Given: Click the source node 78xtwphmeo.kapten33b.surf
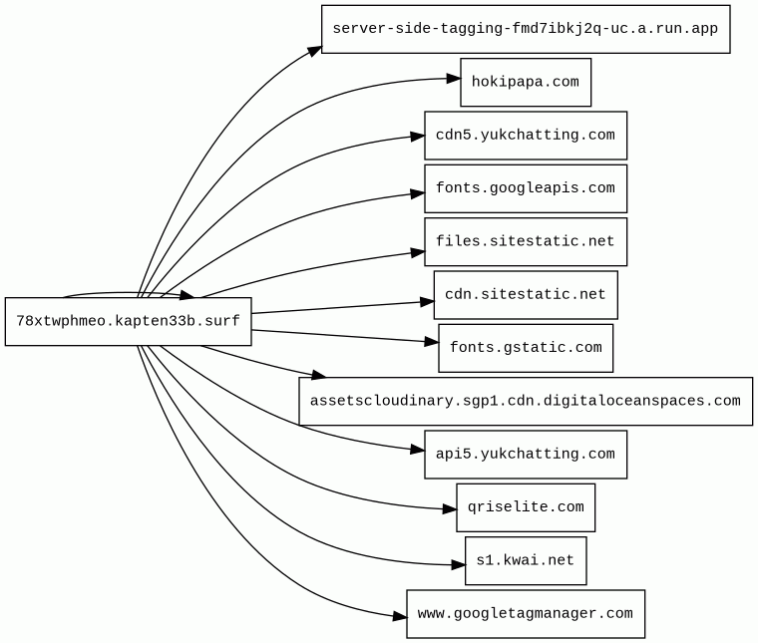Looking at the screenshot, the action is (x=128, y=321).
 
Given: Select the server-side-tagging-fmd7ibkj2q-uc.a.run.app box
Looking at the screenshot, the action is (x=526, y=29).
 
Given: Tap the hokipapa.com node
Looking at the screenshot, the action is (x=526, y=82).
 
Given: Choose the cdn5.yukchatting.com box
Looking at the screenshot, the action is (x=526, y=136).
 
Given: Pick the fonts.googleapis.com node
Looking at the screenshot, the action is (x=526, y=188).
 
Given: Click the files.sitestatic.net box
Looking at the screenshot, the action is (x=526, y=241).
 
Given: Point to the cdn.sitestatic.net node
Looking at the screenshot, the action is (x=526, y=295).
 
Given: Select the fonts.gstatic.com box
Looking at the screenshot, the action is (x=526, y=348).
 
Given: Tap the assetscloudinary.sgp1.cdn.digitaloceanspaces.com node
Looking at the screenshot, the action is (x=526, y=401).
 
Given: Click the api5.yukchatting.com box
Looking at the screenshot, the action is (x=526, y=455).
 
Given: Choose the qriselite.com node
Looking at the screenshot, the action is (x=526, y=507).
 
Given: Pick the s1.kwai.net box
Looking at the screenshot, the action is (x=526, y=560).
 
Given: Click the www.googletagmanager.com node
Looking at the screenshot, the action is (x=526, y=613).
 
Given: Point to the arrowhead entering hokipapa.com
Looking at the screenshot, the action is (x=454, y=79).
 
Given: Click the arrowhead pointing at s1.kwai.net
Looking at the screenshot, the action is (x=458, y=564).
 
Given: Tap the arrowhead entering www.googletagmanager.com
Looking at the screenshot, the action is (x=400, y=616).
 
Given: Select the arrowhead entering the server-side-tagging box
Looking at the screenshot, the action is (x=315, y=50).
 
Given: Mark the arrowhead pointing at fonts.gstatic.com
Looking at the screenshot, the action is (x=432, y=342).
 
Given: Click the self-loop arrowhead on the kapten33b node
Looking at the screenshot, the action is (x=188, y=295).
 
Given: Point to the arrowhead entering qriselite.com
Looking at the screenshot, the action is (x=450, y=508).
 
